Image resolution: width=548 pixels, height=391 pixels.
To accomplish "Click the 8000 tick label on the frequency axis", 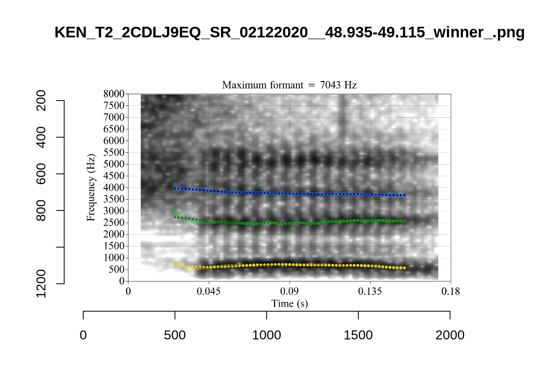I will point(114,94).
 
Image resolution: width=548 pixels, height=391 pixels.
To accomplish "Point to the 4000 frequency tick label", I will point(114,188).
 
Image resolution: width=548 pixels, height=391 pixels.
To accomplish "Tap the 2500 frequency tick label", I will point(114,223).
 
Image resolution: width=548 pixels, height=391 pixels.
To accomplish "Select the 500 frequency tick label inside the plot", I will point(116,270).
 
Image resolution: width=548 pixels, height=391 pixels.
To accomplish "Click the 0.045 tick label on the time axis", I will point(208,292).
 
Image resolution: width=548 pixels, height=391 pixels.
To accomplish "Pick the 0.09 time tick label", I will point(289,292).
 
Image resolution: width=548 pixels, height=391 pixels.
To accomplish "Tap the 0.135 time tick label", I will point(370,292).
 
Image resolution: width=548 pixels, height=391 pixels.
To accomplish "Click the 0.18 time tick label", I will point(451,292).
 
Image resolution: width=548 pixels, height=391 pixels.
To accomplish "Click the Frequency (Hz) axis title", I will point(91,188).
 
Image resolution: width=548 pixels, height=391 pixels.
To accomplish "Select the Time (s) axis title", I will point(289,304).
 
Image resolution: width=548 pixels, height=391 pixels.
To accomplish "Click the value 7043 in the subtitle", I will point(330,85).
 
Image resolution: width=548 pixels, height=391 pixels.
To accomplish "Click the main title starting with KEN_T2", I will point(289,33).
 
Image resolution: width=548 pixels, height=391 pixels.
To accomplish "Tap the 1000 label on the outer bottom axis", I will point(266,335).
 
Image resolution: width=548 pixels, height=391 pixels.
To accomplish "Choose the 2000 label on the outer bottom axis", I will point(450,335).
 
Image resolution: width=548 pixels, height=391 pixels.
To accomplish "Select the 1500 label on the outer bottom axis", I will point(358,335).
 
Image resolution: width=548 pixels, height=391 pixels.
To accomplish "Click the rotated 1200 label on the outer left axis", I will point(41,283).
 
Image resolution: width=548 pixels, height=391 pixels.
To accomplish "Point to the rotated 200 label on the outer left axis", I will point(41,101).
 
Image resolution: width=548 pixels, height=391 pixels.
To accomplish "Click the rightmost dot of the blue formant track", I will point(404,195).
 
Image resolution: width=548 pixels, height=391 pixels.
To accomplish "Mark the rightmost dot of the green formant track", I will point(404,221).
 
